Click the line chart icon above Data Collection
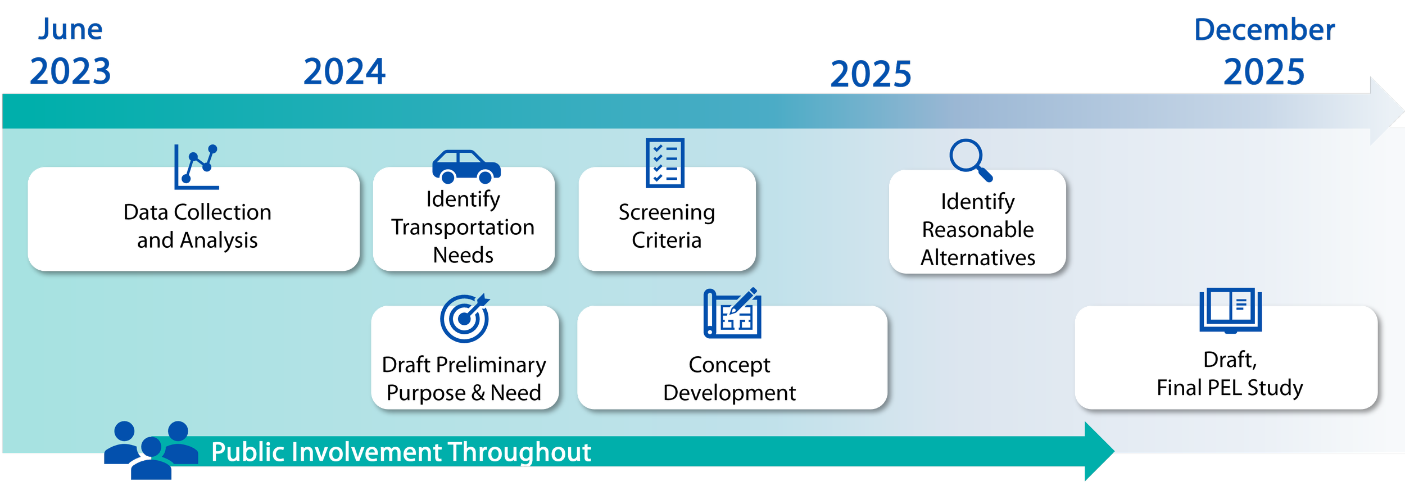tap(196, 167)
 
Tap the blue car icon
tap(466, 167)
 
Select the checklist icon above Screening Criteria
tap(665, 163)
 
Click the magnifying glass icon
tap(971, 160)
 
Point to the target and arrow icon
tap(465, 318)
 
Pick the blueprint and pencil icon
tap(732, 313)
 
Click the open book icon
tap(1230, 311)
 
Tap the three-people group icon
tap(151, 450)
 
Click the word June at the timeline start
tap(70, 29)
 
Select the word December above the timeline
tap(1264, 30)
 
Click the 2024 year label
tap(345, 72)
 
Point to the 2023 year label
tap(70, 72)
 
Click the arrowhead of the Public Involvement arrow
tap(1099, 451)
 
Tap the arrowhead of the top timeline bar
tap(1387, 111)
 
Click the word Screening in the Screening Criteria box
tap(667, 213)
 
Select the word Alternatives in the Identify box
tap(978, 258)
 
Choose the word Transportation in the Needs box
tap(463, 228)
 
